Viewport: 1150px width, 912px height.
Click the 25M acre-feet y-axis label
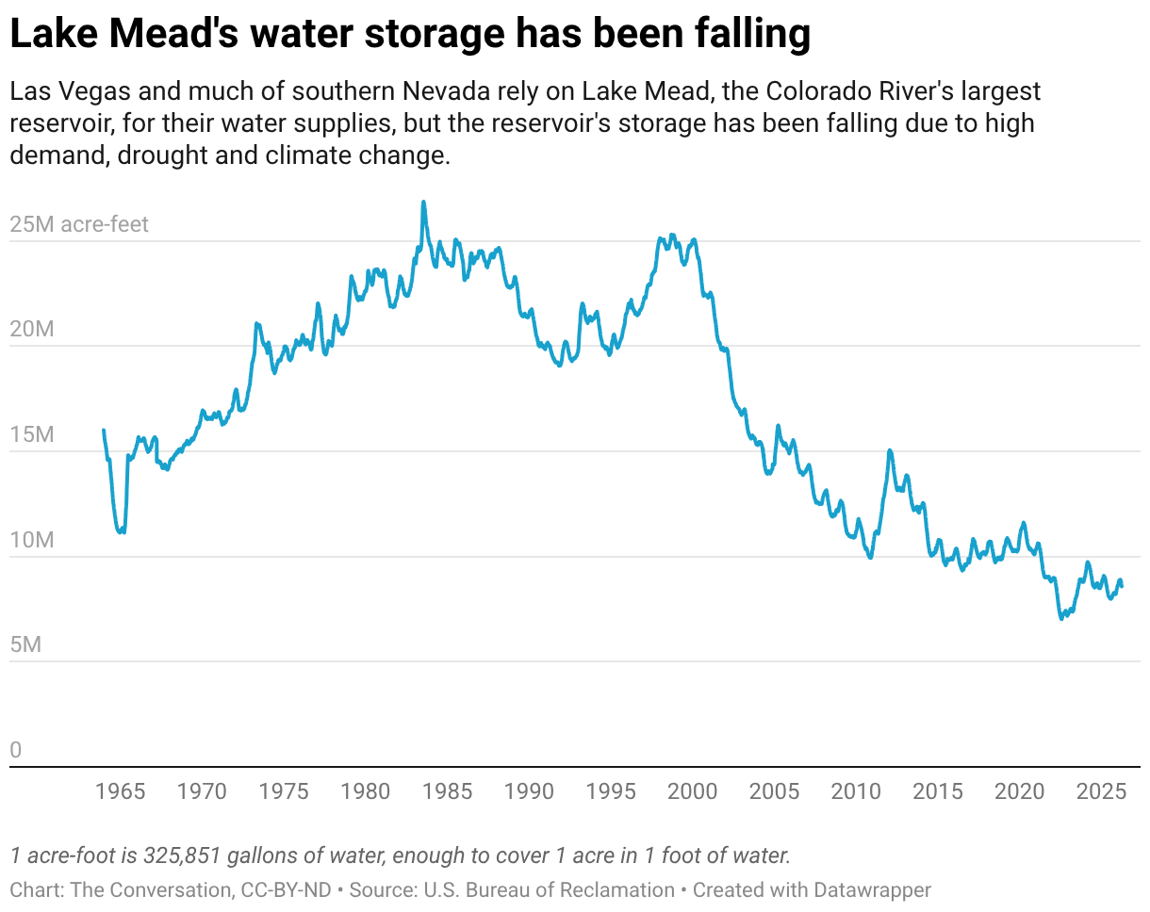(x=79, y=225)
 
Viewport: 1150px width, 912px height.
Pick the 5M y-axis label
(x=26, y=645)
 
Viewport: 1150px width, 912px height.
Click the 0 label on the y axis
(x=15, y=751)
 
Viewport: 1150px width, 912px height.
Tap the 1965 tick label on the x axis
(x=121, y=791)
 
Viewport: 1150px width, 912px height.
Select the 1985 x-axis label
(x=448, y=791)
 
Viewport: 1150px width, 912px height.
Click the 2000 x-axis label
(x=693, y=791)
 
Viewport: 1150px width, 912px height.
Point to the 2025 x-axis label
(x=1102, y=791)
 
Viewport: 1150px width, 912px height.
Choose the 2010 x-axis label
(x=856, y=791)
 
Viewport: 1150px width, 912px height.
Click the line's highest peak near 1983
(x=423, y=202)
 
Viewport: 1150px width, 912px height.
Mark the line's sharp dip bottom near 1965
(x=121, y=532)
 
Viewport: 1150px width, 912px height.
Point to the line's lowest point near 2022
(x=1061, y=618)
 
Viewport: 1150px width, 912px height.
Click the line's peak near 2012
(x=890, y=450)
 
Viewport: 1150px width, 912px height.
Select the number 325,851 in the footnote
(x=185, y=856)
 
